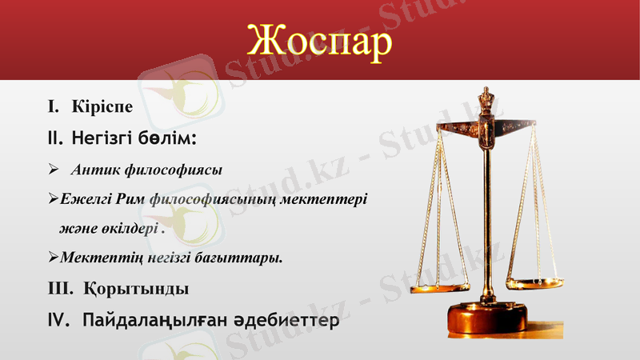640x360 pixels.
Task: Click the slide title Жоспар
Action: point(320,40)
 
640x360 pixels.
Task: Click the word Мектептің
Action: point(99,258)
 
